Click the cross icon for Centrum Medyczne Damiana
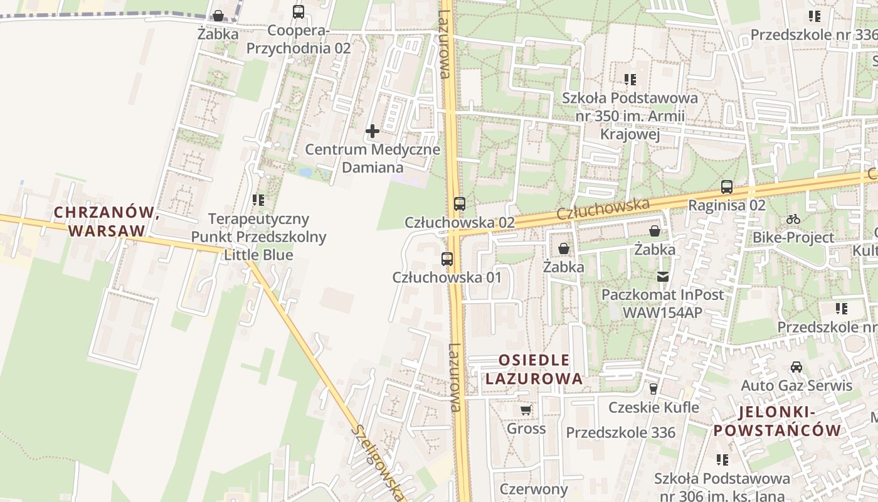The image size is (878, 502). (x=373, y=131)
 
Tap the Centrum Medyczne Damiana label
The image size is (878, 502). (x=373, y=159)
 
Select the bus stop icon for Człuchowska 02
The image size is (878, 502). (x=460, y=203)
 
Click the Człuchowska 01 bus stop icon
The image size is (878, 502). (x=447, y=259)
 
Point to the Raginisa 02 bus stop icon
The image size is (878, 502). (x=727, y=187)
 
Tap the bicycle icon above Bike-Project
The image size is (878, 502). (x=793, y=219)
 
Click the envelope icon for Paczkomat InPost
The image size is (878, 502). (x=662, y=276)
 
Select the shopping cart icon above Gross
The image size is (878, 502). (x=526, y=410)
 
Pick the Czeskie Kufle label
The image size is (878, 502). (x=653, y=407)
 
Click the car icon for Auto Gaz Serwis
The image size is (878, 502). (x=796, y=367)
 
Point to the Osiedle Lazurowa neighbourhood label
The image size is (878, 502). (x=534, y=370)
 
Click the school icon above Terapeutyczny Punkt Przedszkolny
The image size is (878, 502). (x=258, y=200)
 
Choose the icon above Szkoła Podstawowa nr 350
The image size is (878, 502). (x=630, y=80)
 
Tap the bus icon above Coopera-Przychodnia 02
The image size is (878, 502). (x=299, y=12)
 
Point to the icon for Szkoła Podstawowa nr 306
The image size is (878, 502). (x=722, y=460)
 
